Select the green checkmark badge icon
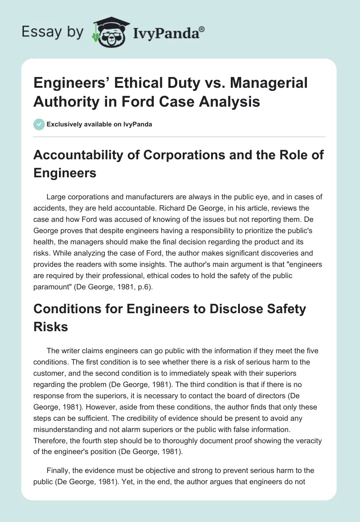39,124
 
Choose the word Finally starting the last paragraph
58,470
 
